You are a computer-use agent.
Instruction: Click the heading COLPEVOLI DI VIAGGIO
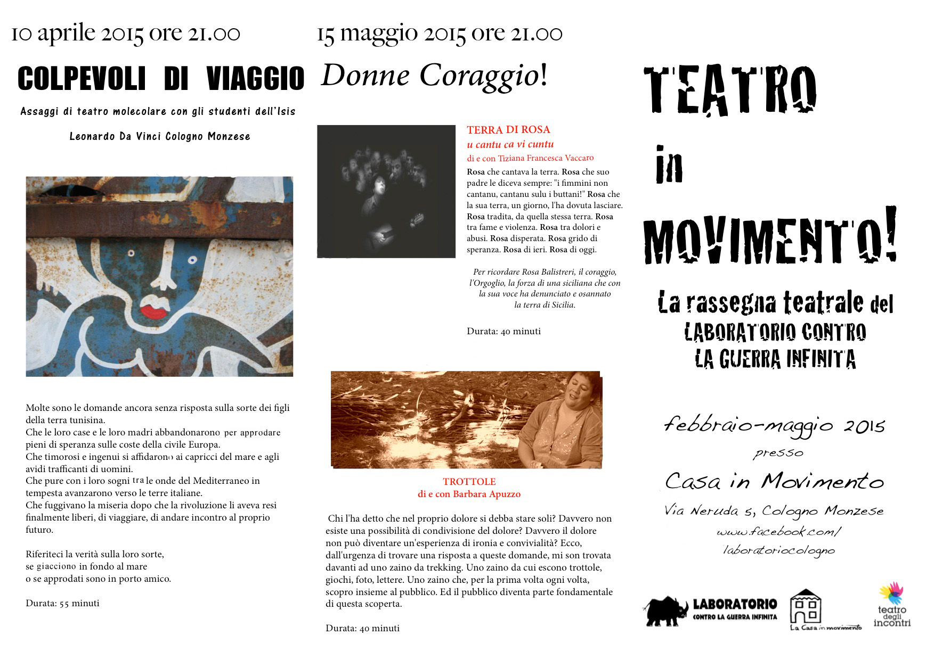(161, 79)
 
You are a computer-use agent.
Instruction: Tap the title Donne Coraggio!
(434, 76)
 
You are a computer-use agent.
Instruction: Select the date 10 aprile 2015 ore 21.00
(126, 33)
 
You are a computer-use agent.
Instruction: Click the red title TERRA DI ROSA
(508, 129)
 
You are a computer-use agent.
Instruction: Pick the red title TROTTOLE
(469, 482)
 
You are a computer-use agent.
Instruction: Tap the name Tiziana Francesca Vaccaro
(546, 158)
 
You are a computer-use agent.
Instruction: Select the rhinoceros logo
(665, 610)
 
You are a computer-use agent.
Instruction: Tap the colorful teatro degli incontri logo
(891, 593)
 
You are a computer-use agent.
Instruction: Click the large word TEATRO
(730, 90)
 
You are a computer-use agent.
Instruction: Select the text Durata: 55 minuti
(62, 603)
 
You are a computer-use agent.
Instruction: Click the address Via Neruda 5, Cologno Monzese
(774, 511)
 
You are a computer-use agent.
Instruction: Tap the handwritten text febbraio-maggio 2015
(774, 425)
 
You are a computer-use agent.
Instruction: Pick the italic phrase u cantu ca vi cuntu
(510, 144)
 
